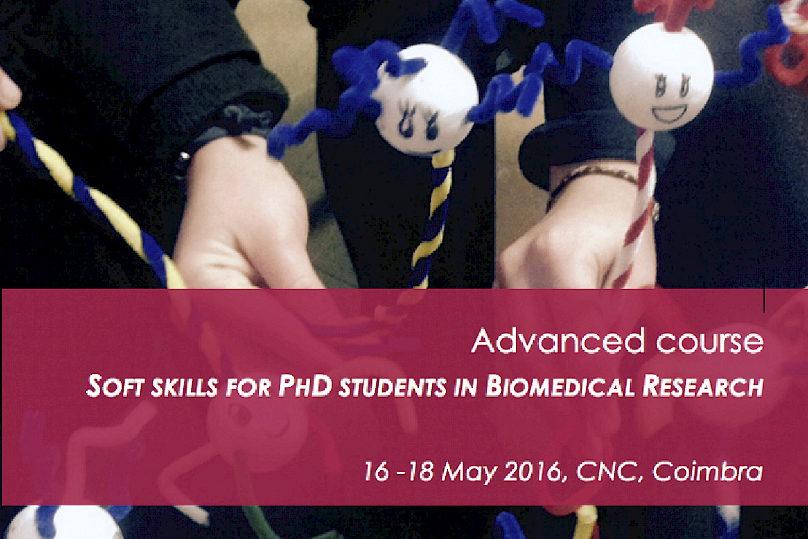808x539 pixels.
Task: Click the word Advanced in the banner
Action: point(558,341)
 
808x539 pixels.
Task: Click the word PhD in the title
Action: point(306,386)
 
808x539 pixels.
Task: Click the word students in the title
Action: point(395,387)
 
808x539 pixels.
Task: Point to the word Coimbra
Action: point(708,471)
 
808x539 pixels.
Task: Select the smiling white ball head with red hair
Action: point(662,77)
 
